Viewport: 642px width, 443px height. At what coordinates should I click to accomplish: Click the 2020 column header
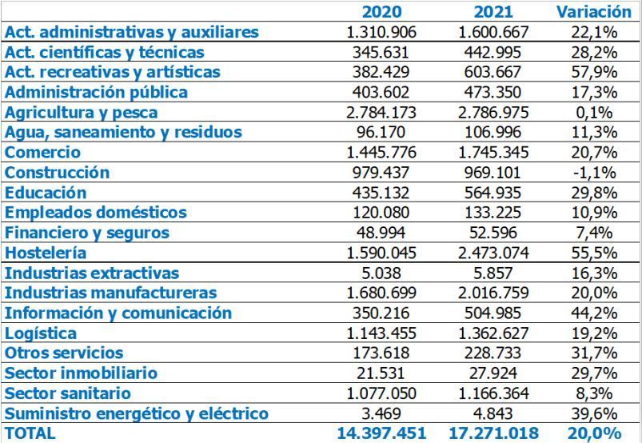click(x=381, y=11)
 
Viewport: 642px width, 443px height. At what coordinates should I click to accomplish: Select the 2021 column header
click(x=493, y=11)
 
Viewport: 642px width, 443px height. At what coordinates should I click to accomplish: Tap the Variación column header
click(x=594, y=11)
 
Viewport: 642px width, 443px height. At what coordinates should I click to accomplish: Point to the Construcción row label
click(x=57, y=172)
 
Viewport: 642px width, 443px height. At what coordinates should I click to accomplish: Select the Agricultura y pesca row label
click(x=82, y=112)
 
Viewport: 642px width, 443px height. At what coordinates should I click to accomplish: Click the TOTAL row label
click(x=30, y=433)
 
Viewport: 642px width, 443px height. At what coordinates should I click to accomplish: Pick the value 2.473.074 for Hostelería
click(x=493, y=253)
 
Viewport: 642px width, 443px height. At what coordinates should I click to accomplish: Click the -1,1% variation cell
click(x=594, y=172)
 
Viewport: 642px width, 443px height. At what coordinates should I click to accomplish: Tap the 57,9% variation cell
click(x=594, y=72)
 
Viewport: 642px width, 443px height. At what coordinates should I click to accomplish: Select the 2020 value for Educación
click(x=381, y=192)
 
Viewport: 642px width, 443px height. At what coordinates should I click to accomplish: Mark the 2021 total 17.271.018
click(x=493, y=433)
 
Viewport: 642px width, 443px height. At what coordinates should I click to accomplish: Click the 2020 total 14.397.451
click(x=381, y=433)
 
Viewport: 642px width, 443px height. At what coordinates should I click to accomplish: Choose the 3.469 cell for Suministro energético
click(x=381, y=413)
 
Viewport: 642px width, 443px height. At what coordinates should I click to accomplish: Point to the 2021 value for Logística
click(x=493, y=333)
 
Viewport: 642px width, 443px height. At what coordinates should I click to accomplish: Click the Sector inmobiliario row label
click(x=81, y=373)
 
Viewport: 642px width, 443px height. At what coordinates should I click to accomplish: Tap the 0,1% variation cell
click(x=594, y=112)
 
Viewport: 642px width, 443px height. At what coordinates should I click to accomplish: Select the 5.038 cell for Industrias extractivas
click(x=381, y=273)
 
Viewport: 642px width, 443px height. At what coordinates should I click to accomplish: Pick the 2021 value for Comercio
click(x=493, y=152)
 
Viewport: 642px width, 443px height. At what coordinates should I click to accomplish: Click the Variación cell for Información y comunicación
click(x=594, y=313)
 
